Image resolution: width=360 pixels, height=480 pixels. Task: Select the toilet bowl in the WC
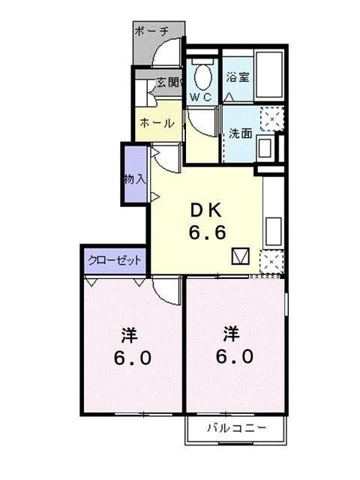coord(202,74)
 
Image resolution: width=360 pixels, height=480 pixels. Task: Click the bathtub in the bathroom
coord(268,74)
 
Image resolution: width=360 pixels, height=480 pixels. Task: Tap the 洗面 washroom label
coord(240,133)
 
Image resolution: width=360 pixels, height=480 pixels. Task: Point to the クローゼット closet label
coord(115,260)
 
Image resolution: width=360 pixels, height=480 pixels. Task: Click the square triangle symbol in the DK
coord(240,256)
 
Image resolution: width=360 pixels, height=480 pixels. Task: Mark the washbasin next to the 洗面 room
coord(265,147)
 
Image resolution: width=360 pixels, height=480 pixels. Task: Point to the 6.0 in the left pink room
coord(133,358)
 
